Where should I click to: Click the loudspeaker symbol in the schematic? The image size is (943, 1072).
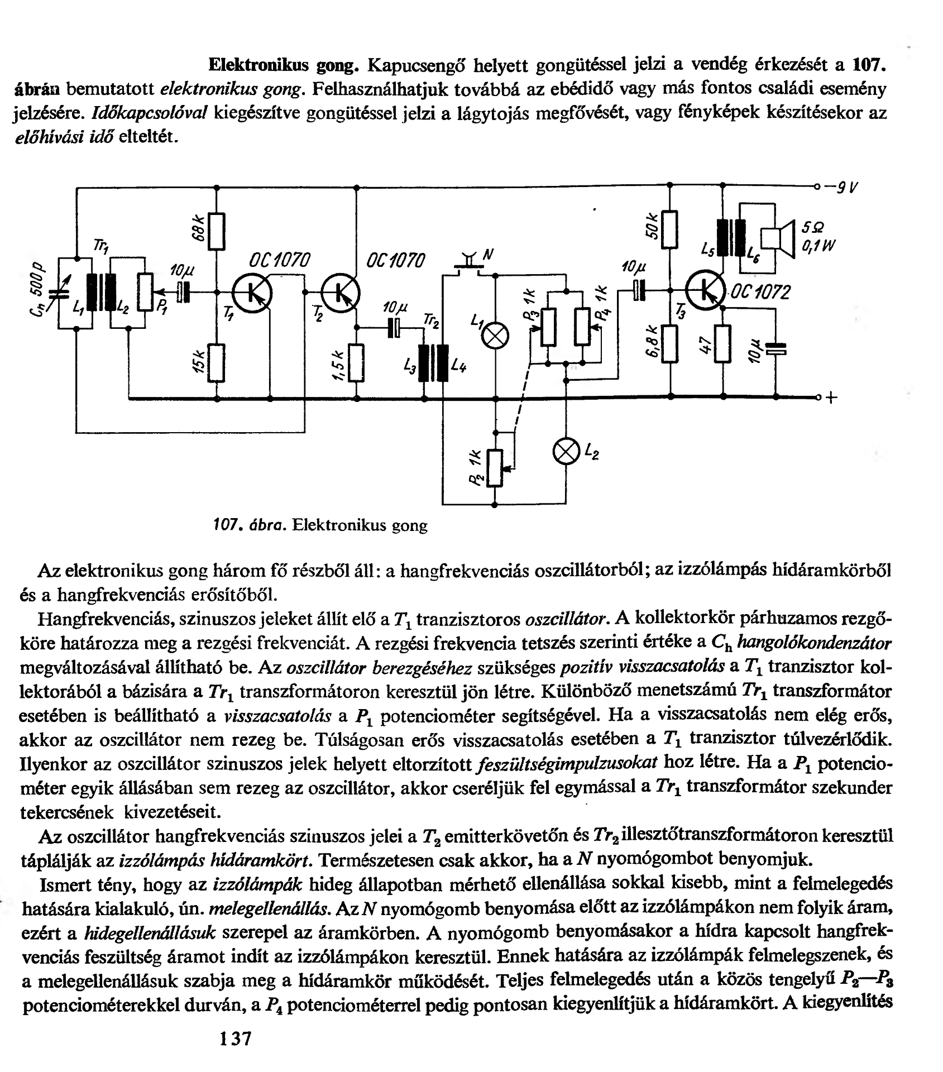778,238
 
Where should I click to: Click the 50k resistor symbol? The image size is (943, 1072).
669,229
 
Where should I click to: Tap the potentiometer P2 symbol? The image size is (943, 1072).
494,467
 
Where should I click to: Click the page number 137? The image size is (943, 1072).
236,1038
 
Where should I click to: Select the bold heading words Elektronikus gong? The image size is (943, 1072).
283,65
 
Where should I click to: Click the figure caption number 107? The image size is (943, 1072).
228,525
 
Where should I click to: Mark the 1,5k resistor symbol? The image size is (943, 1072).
356,362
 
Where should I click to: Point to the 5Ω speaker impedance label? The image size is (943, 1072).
813,228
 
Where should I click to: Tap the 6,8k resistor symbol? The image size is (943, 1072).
669,344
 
